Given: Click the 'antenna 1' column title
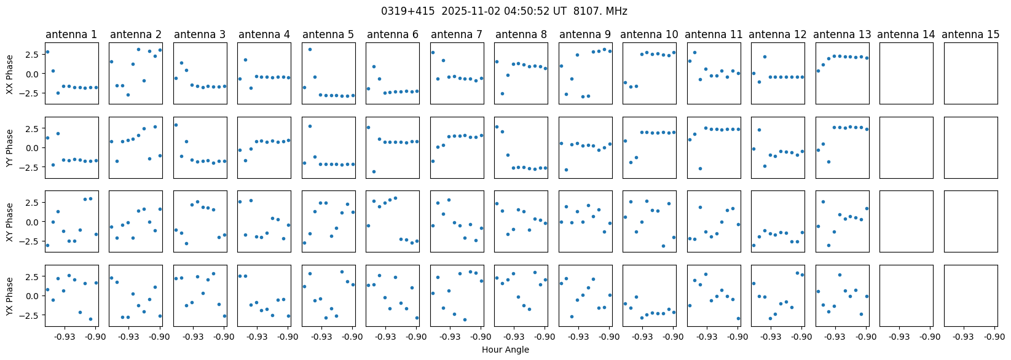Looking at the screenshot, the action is click(x=71, y=34).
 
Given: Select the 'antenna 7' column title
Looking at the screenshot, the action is click(x=457, y=34).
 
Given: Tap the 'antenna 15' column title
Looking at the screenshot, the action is click(x=970, y=34).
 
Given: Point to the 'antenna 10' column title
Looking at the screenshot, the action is click(x=649, y=34).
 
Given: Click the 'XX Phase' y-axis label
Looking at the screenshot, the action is click(x=10, y=74).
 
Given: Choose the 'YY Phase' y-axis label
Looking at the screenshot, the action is click(x=10, y=148).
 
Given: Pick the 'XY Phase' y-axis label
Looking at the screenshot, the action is click(x=10, y=222).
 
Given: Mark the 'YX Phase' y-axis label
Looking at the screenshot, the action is click(x=10, y=296).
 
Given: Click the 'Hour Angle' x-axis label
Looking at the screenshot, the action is click(x=505, y=350).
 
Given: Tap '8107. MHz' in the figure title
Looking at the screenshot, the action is click(x=600, y=11).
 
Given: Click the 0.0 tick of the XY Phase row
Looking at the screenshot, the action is click(x=34, y=222).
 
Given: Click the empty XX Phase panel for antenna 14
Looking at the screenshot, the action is click(x=907, y=73).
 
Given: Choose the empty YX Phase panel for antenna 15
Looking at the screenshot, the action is click(x=970, y=295).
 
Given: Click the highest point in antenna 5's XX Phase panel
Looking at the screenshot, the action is click(x=310, y=50).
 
